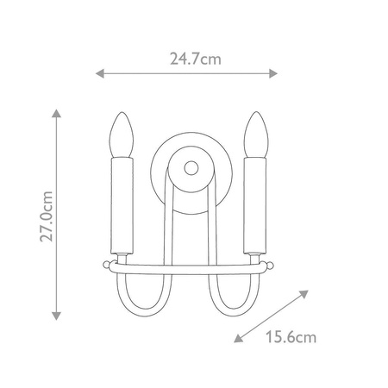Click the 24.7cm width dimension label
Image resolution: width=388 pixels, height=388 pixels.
(x=196, y=59)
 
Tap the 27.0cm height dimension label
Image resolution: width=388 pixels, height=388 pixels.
(x=47, y=216)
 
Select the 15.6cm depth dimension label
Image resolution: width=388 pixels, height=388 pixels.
(x=291, y=337)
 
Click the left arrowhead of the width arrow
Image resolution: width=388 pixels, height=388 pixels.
(x=100, y=73)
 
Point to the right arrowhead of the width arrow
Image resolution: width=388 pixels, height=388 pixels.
(x=273, y=73)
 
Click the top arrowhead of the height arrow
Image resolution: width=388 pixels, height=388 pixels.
(x=57, y=113)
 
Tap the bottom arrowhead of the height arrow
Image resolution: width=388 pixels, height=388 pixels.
(x=57, y=316)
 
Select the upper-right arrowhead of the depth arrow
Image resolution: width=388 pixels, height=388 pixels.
(x=304, y=294)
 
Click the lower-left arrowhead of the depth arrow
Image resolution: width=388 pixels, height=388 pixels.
(x=238, y=339)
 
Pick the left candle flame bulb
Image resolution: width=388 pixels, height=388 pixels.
(x=122, y=135)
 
